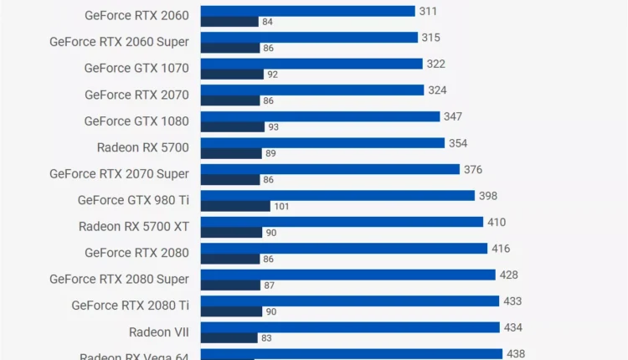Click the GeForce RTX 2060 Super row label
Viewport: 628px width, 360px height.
coord(119,42)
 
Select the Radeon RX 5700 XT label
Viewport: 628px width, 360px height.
coord(134,226)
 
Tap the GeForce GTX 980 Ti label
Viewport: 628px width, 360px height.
coord(133,200)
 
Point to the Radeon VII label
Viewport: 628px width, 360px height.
coord(159,332)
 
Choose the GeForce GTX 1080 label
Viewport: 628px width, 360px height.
coord(136,121)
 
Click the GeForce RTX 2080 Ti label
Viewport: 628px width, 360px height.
coord(130,306)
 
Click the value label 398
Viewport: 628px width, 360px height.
coord(488,196)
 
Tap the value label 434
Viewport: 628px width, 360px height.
coord(513,327)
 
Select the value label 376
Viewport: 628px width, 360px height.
coord(473,169)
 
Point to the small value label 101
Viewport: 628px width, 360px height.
coord(281,206)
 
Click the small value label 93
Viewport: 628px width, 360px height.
coord(273,127)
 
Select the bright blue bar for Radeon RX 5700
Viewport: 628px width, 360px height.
coord(322,143)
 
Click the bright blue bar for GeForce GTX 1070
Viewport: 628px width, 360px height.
coord(311,64)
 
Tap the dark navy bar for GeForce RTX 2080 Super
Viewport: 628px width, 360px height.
coord(230,285)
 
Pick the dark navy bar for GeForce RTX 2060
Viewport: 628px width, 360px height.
coord(229,22)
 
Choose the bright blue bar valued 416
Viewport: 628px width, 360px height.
coord(344,249)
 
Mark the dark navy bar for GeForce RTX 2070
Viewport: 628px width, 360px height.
coord(230,100)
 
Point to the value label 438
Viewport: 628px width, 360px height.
coord(516,353)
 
